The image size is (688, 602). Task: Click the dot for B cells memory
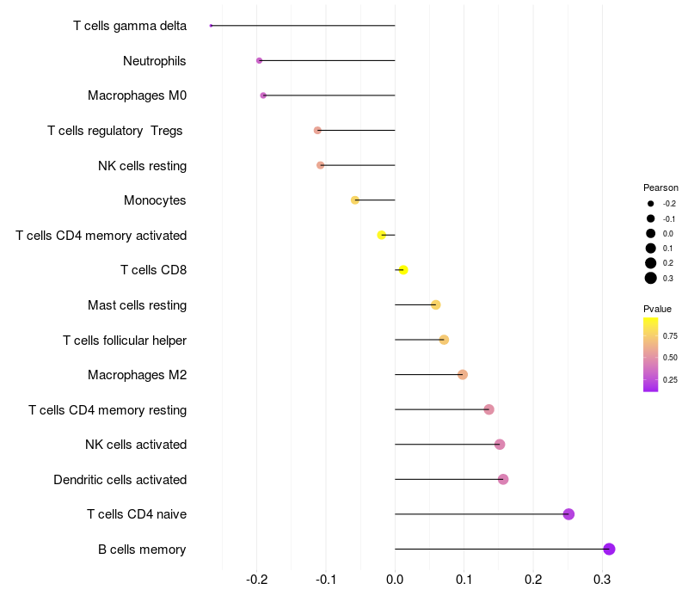pos(609,549)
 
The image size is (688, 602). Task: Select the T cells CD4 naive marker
pos(568,514)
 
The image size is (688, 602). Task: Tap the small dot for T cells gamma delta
pos(211,26)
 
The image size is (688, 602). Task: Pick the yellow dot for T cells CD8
pos(403,270)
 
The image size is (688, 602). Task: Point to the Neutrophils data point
pos(259,60)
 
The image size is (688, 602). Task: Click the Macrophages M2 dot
pos(463,374)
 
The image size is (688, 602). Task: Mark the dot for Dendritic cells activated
pos(503,479)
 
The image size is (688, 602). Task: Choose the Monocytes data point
pos(354,200)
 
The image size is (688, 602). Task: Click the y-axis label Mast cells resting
pos(137,305)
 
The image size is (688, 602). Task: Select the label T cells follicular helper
pos(125,341)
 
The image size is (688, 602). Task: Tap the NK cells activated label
pos(136,445)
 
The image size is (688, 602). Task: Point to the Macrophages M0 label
pos(137,95)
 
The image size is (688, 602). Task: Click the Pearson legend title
pos(660,187)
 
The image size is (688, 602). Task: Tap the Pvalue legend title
pos(657,309)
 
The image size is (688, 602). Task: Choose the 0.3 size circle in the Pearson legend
pos(651,278)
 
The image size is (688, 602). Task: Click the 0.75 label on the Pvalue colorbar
pos(670,335)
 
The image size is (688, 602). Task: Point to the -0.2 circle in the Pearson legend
pos(651,204)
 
